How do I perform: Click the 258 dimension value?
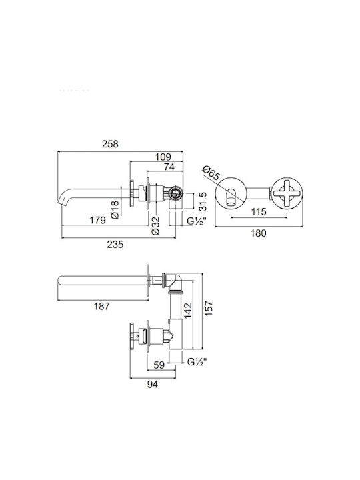(x=110, y=144)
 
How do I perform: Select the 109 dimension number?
(x=163, y=157)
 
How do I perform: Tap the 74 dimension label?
(x=169, y=167)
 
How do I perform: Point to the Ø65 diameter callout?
(x=211, y=173)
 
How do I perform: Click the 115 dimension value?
(x=259, y=211)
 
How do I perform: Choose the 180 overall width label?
(x=259, y=233)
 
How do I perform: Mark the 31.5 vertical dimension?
(x=203, y=201)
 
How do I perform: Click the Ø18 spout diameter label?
(x=115, y=210)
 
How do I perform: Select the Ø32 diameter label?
(x=155, y=225)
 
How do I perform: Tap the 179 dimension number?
(x=97, y=220)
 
